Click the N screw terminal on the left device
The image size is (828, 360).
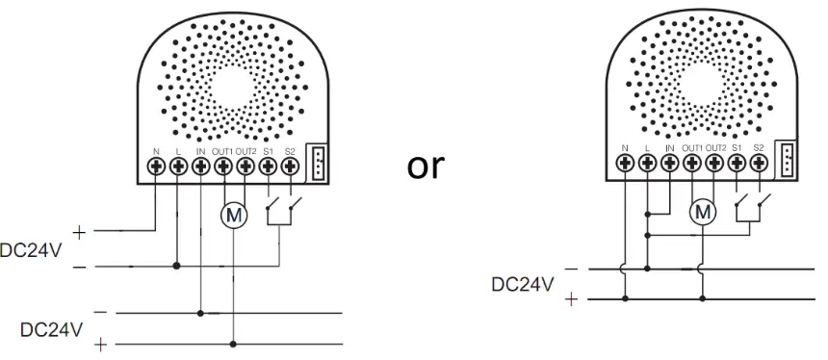coord(156,167)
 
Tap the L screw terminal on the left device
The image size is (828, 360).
coord(178,167)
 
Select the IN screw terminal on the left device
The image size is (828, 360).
coord(200,167)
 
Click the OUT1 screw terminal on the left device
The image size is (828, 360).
coord(222,167)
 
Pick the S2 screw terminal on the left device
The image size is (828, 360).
coord(290,167)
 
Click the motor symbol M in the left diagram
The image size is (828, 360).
coord(234,216)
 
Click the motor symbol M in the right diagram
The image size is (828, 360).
coord(704,209)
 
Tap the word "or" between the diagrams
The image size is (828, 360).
coord(426,166)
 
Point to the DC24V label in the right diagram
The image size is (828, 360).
coord(522,284)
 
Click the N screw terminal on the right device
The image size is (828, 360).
coord(626,163)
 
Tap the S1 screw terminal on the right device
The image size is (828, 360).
coord(737,163)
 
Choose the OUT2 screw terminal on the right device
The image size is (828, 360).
coord(714,163)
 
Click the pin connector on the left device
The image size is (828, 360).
coord(318,163)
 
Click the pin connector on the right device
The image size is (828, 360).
coord(787,160)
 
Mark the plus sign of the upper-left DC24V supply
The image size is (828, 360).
coord(78,231)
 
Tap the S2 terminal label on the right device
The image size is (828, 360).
coord(759,147)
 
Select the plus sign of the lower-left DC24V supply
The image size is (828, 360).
coord(102,344)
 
